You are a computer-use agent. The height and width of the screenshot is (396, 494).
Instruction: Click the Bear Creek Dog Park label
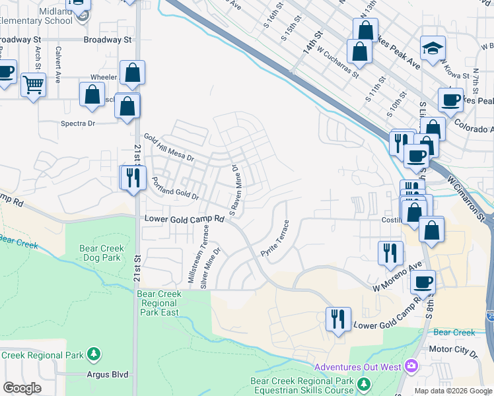coord(100,253)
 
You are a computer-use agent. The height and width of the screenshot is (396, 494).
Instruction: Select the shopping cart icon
coord(33,84)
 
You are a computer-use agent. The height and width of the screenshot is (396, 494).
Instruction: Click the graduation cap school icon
coord(433,48)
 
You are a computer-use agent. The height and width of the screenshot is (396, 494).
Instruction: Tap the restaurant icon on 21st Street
coord(133,178)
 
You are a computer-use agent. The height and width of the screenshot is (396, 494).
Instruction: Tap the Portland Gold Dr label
coord(176,188)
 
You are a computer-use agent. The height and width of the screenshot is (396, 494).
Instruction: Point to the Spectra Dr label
coord(78,123)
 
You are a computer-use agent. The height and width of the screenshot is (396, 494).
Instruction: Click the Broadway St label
coord(108,40)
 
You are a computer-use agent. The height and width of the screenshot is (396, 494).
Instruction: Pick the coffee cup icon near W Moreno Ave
coord(423,282)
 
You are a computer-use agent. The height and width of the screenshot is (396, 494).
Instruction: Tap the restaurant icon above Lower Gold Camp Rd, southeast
coord(338,319)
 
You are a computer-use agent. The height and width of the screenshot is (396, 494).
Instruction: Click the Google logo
coord(22,388)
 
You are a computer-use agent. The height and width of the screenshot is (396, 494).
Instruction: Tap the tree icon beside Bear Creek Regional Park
coord(93,355)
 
